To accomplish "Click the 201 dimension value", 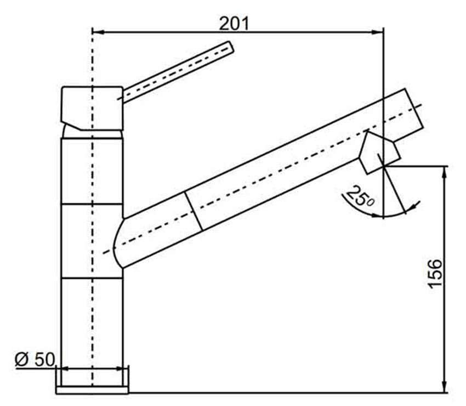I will (234, 23).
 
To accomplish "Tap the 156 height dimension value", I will (435, 273).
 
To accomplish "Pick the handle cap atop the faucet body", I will (91, 106).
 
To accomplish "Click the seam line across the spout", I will (196, 212).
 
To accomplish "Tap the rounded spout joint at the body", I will (118, 241).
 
